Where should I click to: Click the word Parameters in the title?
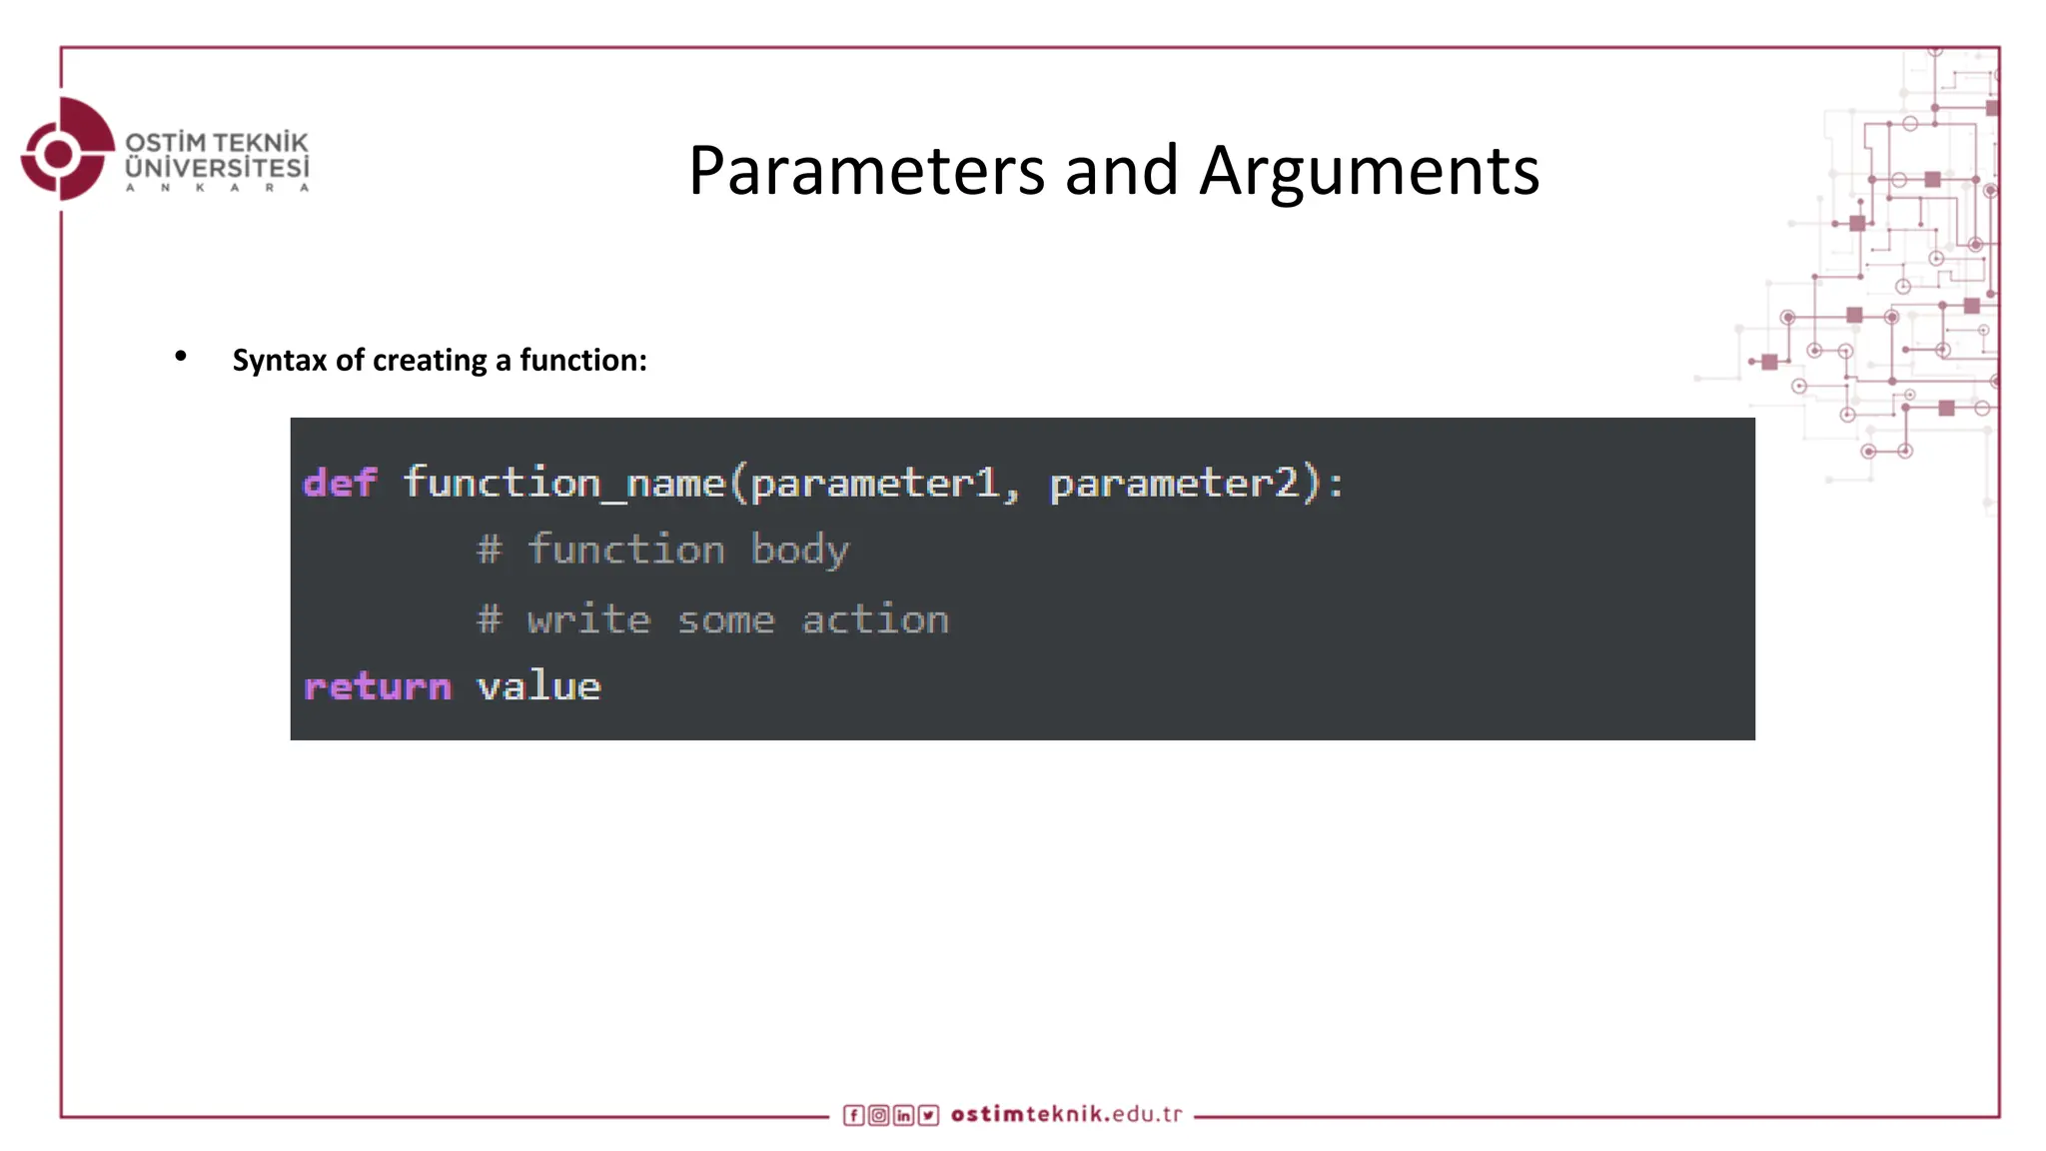(866, 171)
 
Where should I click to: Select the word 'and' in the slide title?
(1122, 171)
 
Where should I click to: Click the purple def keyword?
(340, 484)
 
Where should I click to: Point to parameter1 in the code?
(874, 485)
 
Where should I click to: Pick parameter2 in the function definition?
(1174, 485)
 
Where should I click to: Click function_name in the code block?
(563, 485)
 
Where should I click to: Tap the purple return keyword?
(377, 687)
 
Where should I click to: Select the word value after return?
(538, 687)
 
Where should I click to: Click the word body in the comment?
(799, 551)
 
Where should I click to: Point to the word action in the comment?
(875, 620)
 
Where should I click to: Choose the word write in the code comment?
(588, 620)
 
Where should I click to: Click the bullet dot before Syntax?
(181, 357)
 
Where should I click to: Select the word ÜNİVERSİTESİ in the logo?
(217, 168)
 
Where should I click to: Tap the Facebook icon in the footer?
(853, 1115)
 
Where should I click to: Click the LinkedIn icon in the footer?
(903, 1115)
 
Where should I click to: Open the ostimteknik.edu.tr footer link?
(1066, 1114)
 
